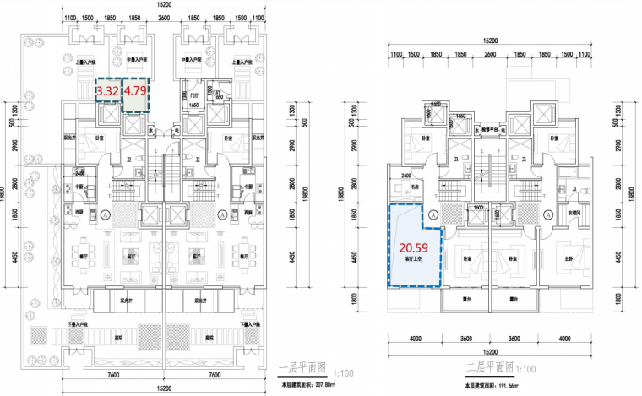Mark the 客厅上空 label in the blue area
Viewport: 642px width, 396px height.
click(411, 260)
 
